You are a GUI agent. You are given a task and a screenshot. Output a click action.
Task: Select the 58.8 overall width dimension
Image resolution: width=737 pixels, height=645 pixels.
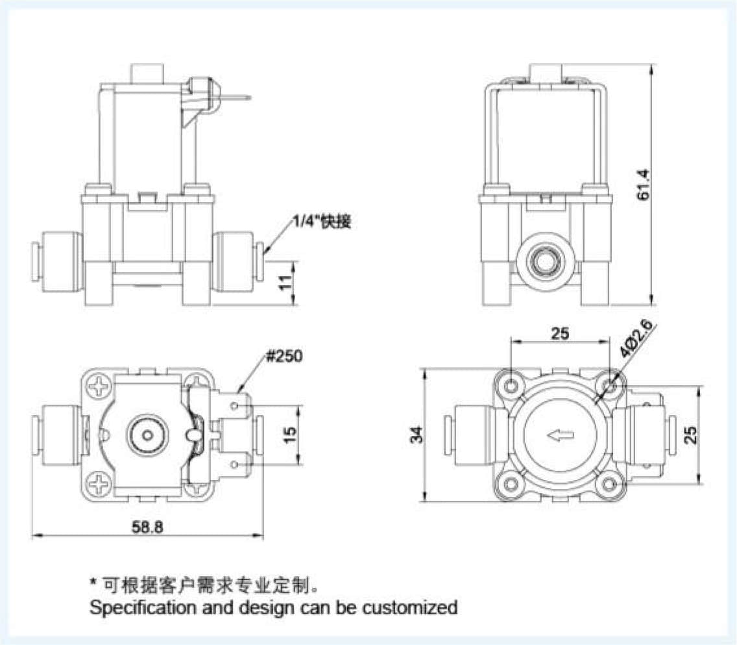(x=147, y=527)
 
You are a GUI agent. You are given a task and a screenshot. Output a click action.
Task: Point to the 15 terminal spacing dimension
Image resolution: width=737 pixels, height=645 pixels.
(x=290, y=435)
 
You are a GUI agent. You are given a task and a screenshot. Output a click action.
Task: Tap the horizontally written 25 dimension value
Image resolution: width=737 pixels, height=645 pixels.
(x=560, y=334)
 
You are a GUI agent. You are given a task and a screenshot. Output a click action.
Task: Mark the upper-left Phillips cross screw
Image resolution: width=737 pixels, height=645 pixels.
(x=101, y=388)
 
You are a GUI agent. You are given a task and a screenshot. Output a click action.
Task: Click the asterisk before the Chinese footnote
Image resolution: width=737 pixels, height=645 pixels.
(x=93, y=583)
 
